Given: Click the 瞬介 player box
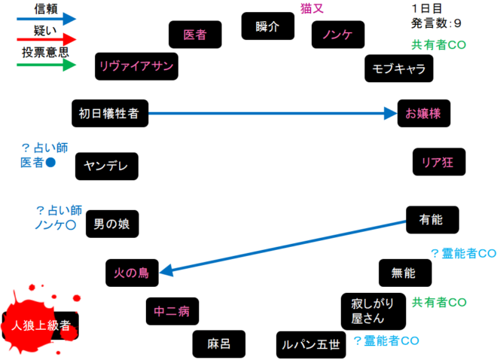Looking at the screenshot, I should tap(267, 26).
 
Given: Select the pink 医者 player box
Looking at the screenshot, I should tap(195, 34).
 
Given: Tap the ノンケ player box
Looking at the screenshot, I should tap(338, 35).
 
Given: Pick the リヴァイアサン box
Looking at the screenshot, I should tap(136, 66).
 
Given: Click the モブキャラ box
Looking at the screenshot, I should tap(399, 69).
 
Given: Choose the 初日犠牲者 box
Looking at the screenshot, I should tap(111, 114).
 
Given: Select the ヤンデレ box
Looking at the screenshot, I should tap(107, 166).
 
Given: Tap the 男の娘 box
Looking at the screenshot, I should tap(111, 224).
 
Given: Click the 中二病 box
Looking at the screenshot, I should tap(172, 310).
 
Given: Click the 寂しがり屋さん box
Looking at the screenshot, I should tap(374, 311).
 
